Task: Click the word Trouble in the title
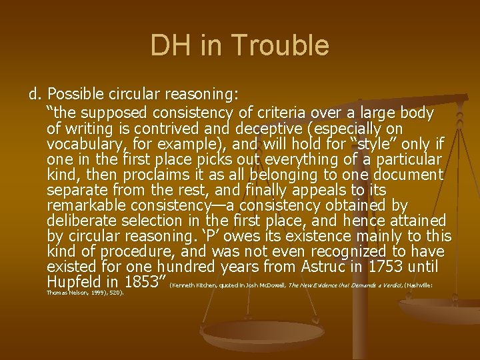point(289,46)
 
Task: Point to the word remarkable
point(82,205)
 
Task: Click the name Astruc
point(318,267)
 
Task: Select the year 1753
point(381,267)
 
